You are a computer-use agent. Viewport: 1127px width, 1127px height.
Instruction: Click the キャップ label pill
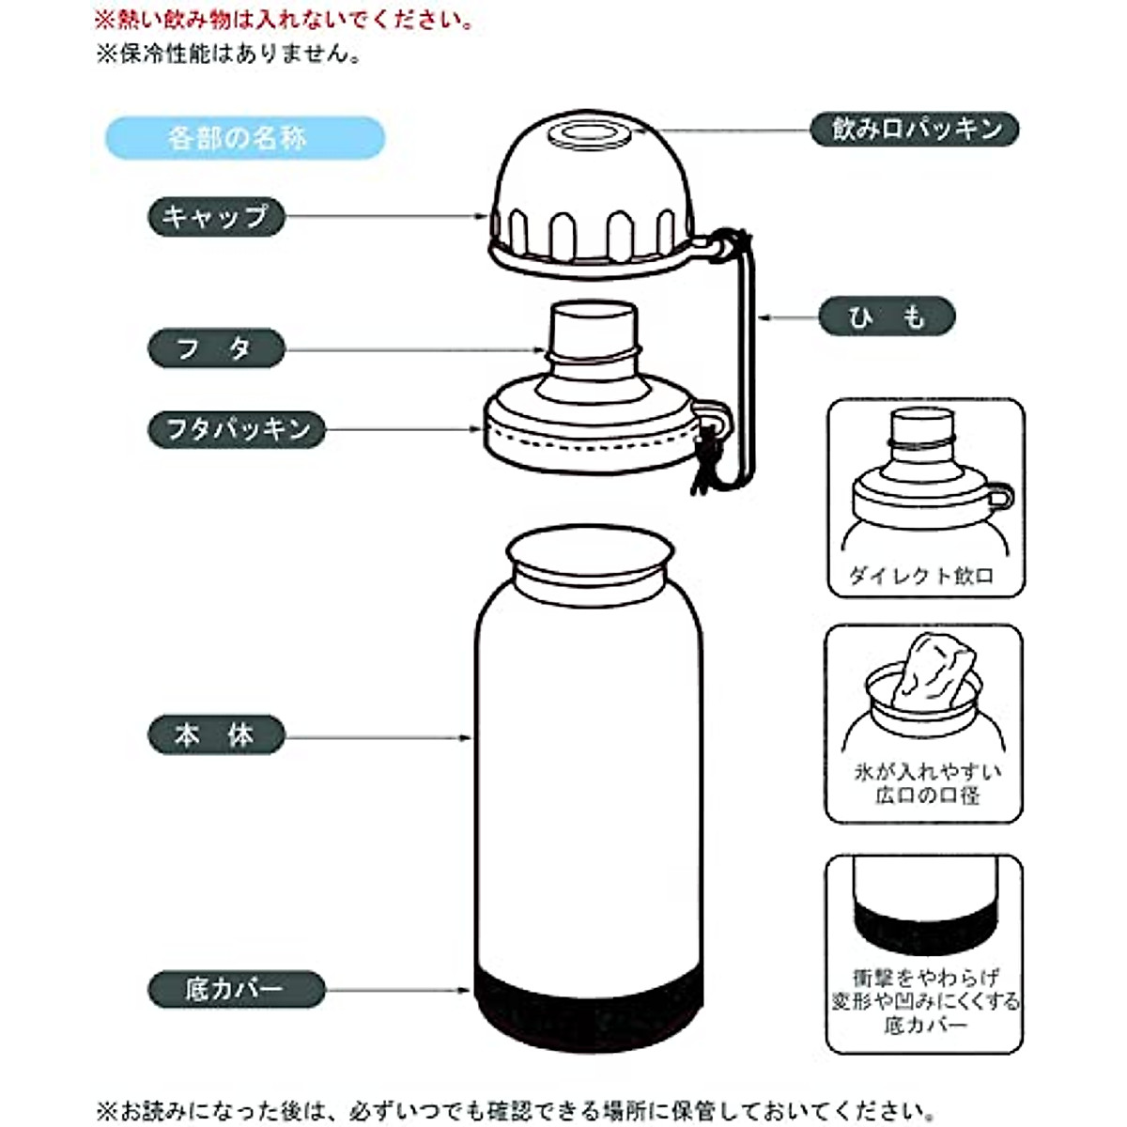pyautogui.click(x=216, y=217)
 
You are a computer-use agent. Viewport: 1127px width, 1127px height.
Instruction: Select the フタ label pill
pyautogui.click(x=216, y=348)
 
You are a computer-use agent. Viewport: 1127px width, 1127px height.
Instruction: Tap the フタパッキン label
pyautogui.click(x=237, y=430)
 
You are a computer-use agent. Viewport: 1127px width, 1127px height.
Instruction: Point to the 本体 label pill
pyautogui.click(x=216, y=735)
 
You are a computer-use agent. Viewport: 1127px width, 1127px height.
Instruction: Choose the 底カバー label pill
pyautogui.click(x=236, y=989)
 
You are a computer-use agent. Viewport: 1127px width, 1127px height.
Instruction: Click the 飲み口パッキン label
pyautogui.click(x=915, y=129)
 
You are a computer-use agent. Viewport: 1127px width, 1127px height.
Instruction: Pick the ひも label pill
pyautogui.click(x=887, y=317)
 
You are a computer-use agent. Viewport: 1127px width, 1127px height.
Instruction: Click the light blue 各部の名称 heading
pyautogui.click(x=244, y=138)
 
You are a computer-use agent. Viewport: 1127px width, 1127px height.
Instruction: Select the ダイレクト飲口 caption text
pyautogui.click(x=922, y=575)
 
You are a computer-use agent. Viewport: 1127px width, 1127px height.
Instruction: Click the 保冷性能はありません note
pyautogui.click(x=229, y=54)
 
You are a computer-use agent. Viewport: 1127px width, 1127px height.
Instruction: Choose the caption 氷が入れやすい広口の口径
pyautogui.click(x=926, y=783)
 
